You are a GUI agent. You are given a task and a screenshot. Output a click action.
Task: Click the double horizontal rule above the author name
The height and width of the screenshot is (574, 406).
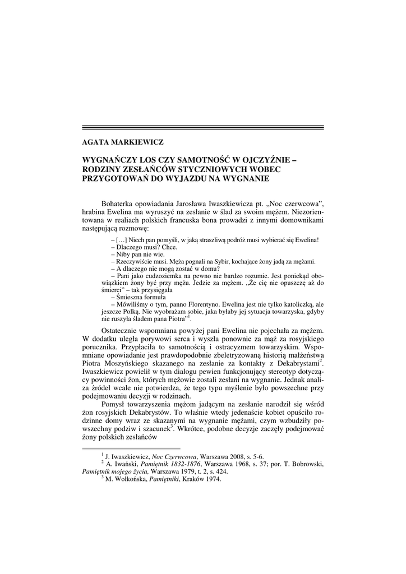click(202, 128)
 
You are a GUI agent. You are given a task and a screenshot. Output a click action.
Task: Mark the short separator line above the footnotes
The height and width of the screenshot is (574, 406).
click(131, 448)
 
